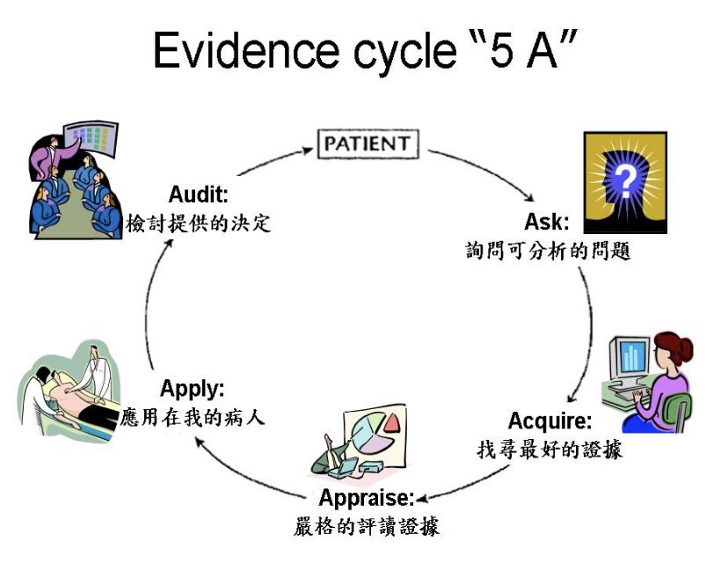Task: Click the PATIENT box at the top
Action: pyautogui.click(x=368, y=143)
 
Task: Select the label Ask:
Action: pyautogui.click(x=547, y=220)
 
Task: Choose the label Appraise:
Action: pyautogui.click(x=366, y=498)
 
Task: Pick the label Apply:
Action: pyautogui.click(x=192, y=388)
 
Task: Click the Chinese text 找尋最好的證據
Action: pyautogui.click(x=550, y=450)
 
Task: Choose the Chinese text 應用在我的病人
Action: pyautogui.click(x=193, y=417)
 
